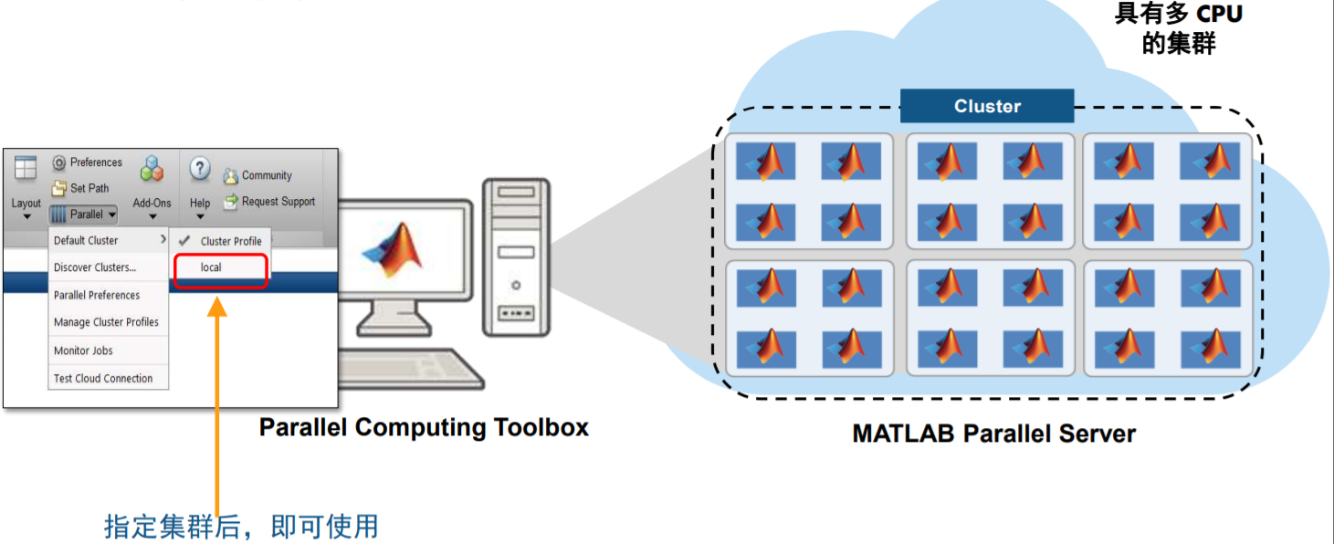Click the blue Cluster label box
tap(986, 106)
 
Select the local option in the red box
tap(212, 267)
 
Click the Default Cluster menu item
tap(87, 240)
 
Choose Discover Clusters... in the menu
tap(95, 267)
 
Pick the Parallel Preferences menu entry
tap(97, 295)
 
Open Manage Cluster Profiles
tap(106, 322)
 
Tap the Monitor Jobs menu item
tap(83, 350)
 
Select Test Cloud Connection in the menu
tap(103, 378)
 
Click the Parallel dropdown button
tap(83, 214)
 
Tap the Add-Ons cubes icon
tap(152, 169)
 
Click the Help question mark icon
tap(200, 169)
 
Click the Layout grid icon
tap(26, 168)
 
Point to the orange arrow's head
tap(217, 304)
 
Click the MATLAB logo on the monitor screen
tap(395, 248)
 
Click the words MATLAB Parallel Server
tap(993, 434)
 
